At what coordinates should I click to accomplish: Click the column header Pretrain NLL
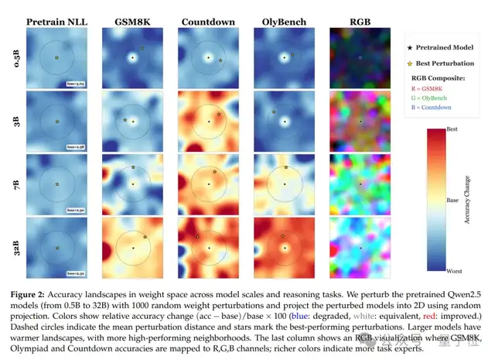tap(56, 20)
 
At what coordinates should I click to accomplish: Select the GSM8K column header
tap(132, 20)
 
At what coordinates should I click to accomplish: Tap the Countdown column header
tap(208, 20)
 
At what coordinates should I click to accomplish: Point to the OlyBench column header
tap(284, 20)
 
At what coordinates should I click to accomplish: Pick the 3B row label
tap(18, 121)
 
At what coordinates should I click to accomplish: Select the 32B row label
tap(18, 247)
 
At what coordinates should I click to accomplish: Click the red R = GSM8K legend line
tap(438, 91)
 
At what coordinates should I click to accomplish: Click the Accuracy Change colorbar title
tap(466, 199)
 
